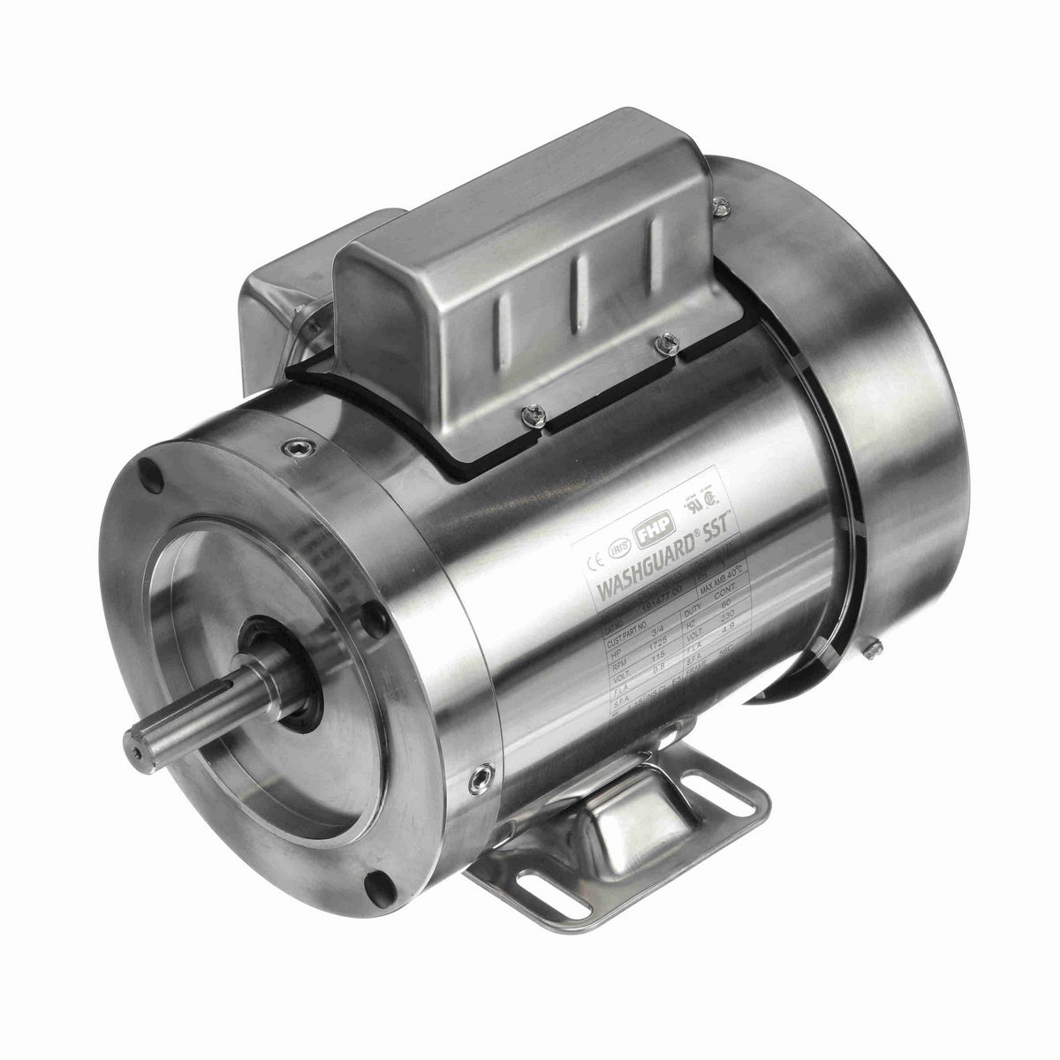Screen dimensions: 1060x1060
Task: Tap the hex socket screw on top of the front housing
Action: coord(291,452)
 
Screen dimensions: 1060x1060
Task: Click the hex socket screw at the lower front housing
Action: coord(481,778)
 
